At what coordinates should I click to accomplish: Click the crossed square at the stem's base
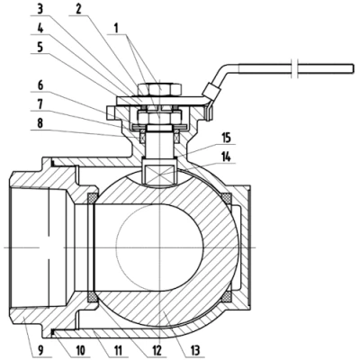(x=158, y=172)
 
